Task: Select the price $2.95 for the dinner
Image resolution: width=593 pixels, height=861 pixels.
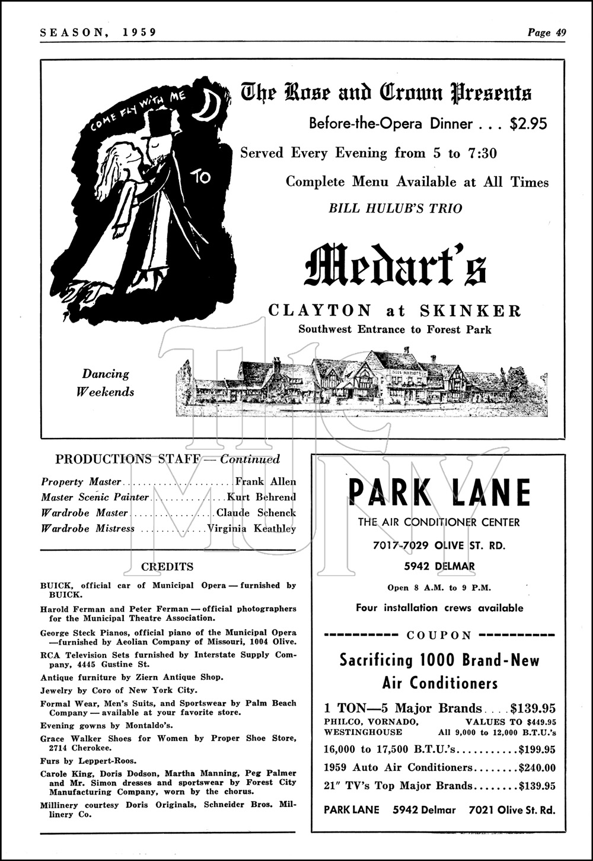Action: (x=528, y=123)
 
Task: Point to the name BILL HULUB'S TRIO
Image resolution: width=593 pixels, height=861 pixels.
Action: (x=396, y=208)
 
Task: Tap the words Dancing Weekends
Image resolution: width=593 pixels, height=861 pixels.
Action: (x=107, y=383)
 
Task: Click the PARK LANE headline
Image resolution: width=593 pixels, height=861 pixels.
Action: (x=439, y=492)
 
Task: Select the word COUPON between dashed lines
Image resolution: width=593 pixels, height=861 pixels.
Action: (x=439, y=635)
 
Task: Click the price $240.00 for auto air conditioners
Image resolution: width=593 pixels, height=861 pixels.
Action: (x=537, y=768)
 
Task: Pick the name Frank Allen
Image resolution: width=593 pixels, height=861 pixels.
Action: (x=266, y=482)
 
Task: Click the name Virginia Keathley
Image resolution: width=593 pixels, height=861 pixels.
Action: (x=251, y=528)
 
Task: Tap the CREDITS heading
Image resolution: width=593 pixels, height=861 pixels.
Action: (x=167, y=567)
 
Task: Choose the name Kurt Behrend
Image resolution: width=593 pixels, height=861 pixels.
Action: (x=262, y=497)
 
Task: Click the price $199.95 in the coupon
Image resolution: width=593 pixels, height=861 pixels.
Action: (x=537, y=749)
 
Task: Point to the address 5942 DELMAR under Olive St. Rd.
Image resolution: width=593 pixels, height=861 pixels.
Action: (x=439, y=566)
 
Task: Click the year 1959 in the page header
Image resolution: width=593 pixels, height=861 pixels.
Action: (x=140, y=33)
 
